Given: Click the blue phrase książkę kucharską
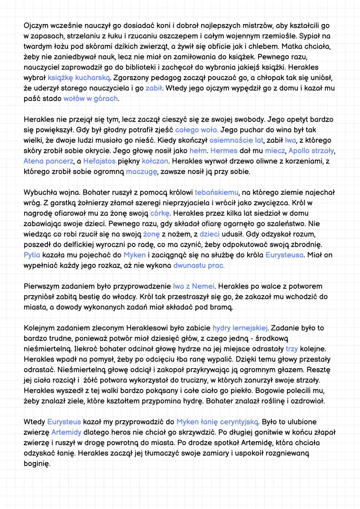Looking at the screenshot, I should (x=79, y=78).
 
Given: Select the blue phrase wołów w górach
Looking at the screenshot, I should (x=91, y=99).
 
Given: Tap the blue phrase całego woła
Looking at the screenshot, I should (x=197, y=130).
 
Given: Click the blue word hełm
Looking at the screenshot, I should (x=198, y=151).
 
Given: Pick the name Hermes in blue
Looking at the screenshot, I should (x=224, y=151).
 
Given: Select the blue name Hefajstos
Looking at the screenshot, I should (x=99, y=161).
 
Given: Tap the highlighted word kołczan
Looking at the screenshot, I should (x=155, y=161).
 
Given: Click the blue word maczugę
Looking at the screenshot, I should (x=142, y=172).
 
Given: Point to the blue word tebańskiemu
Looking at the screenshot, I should (x=217, y=192).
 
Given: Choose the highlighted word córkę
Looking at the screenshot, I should (x=160, y=213).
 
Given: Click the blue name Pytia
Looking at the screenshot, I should (x=32, y=255).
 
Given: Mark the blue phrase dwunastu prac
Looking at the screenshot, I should (x=199, y=266).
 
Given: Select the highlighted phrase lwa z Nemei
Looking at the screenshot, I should (x=194, y=286).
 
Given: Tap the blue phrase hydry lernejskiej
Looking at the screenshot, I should (x=240, y=328).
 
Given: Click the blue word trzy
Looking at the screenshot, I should (x=292, y=349).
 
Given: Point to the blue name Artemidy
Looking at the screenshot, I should (x=66, y=432).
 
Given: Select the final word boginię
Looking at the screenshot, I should (x=37, y=464).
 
